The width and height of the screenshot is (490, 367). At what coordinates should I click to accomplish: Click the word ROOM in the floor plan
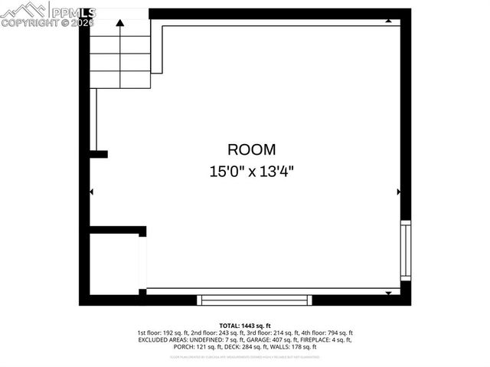tap(251, 150)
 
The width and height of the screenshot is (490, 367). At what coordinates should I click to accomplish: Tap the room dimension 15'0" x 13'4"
tap(251, 172)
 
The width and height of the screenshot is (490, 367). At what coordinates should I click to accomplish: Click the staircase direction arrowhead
tap(120, 24)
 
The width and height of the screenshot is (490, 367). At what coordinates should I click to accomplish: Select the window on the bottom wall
tap(254, 300)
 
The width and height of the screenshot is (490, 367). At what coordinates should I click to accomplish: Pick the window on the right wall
tap(406, 251)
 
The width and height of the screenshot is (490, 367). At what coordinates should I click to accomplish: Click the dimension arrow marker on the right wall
tap(398, 192)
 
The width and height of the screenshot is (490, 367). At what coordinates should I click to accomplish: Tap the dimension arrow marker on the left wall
tap(92, 192)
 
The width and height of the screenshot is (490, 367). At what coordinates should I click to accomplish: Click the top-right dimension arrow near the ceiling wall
tap(389, 21)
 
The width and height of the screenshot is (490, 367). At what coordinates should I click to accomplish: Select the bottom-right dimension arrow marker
tap(388, 293)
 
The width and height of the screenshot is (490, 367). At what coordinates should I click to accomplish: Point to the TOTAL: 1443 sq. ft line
tap(245, 326)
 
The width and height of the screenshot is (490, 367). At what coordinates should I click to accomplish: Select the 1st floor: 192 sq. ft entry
tap(161, 333)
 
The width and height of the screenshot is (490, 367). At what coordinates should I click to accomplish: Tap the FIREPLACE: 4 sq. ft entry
tap(328, 339)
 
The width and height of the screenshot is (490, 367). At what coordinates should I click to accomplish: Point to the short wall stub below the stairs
tap(99, 154)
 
